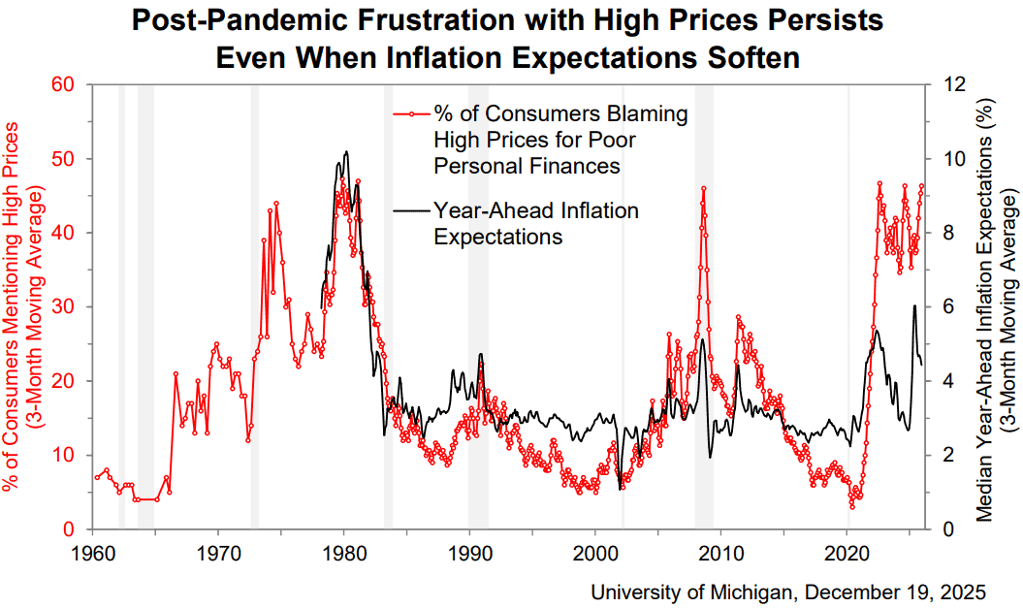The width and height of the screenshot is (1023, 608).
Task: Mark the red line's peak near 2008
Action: tap(703, 188)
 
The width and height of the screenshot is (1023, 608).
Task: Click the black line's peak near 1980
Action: tap(346, 152)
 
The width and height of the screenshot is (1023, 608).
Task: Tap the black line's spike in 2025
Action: tap(913, 306)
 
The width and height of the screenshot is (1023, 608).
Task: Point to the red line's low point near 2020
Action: tap(852, 506)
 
